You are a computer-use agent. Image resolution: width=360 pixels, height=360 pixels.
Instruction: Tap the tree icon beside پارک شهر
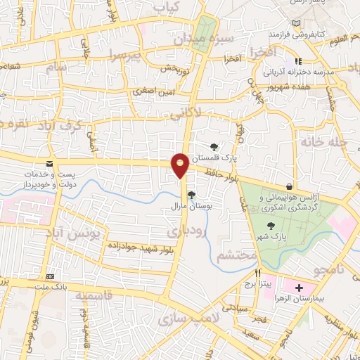click(x=271, y=225)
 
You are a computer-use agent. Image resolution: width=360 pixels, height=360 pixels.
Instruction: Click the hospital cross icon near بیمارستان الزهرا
click(x=299, y=288)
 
